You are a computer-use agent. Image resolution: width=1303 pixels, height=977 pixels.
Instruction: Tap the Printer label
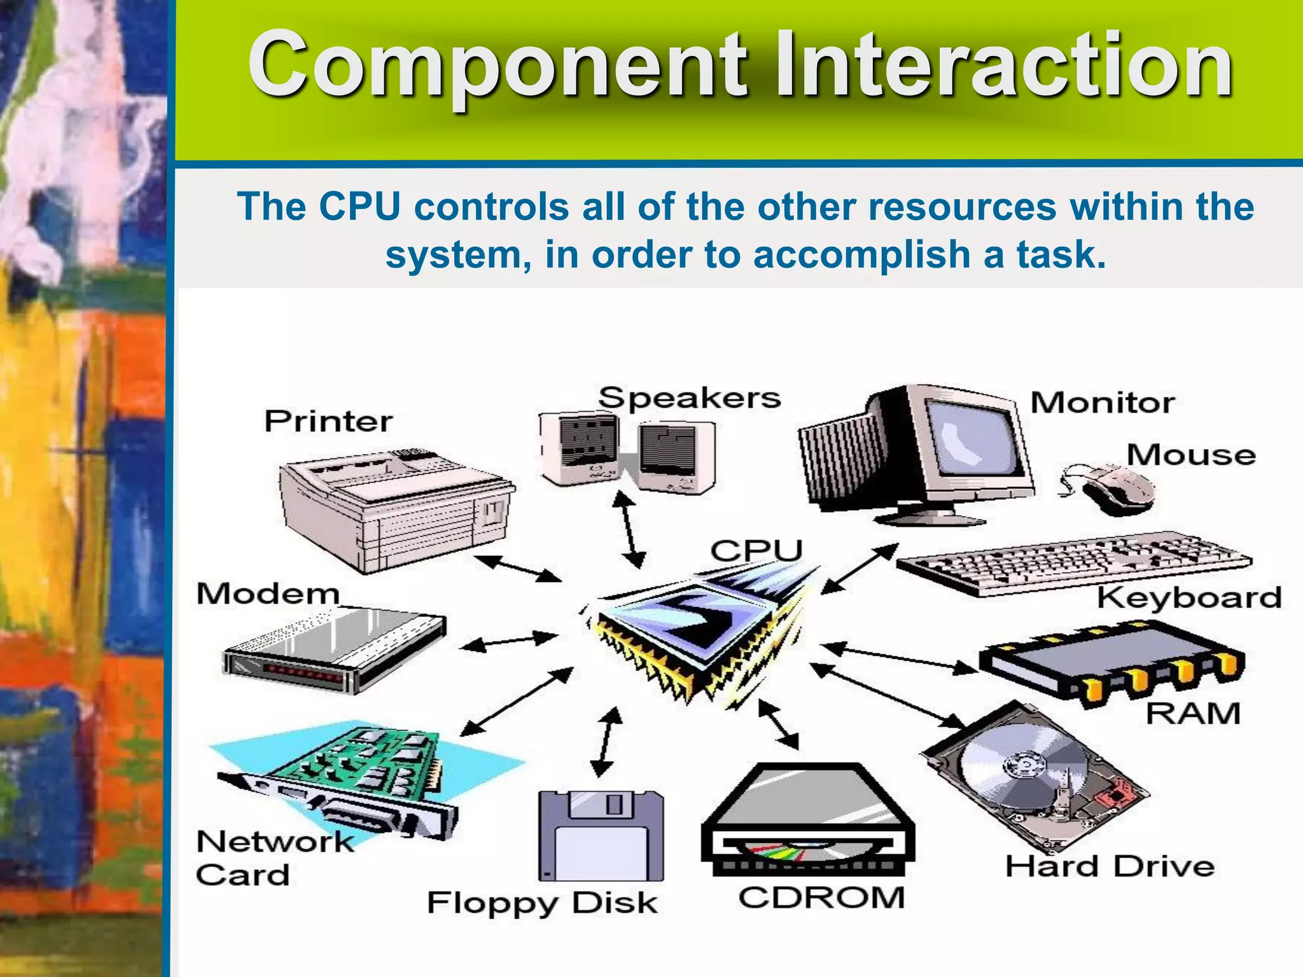tap(328, 421)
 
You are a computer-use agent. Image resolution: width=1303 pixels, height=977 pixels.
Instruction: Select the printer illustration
tap(394, 509)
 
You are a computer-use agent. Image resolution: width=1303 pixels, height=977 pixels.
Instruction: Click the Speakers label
tap(689, 398)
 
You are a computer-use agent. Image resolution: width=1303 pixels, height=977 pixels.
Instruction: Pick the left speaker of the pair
tap(579, 448)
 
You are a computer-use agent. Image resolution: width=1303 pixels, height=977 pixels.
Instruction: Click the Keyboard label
tap(1188, 598)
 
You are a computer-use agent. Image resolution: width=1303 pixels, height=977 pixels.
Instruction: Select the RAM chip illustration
tap(1110, 665)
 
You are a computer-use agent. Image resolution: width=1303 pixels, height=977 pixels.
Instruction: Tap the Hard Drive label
tap(1110, 866)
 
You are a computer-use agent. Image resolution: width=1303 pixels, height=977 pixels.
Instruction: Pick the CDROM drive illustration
tap(808, 821)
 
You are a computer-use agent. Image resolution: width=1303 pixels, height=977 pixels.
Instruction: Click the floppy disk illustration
tap(601, 836)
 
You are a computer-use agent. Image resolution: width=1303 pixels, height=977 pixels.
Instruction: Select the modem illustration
tap(334, 649)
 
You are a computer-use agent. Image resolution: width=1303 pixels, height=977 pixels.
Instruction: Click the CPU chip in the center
tap(693, 630)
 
